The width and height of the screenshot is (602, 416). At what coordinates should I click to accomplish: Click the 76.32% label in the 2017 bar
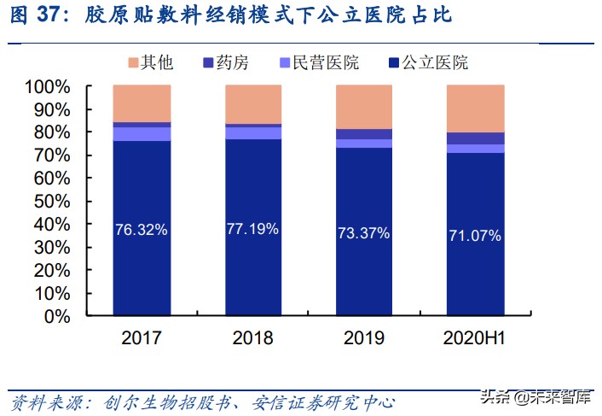click(x=142, y=230)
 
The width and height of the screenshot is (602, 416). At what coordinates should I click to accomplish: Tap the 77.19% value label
click(x=253, y=229)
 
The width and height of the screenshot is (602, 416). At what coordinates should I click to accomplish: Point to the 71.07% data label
click(x=475, y=236)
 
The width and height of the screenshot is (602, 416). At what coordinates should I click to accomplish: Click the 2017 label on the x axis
click(x=142, y=338)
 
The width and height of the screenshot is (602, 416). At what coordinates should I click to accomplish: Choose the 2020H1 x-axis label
click(x=475, y=338)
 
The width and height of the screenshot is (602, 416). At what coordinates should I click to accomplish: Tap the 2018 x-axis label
click(x=253, y=338)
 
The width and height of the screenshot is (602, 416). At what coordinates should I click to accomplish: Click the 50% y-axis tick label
click(x=52, y=202)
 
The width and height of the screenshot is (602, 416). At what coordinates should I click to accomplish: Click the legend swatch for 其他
click(x=133, y=62)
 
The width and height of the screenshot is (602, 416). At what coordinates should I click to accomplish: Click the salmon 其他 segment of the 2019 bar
click(x=364, y=107)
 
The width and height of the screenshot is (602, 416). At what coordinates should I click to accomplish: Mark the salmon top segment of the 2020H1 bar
click(x=475, y=108)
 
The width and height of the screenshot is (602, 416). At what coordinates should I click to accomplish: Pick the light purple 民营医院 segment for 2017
click(x=142, y=133)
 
